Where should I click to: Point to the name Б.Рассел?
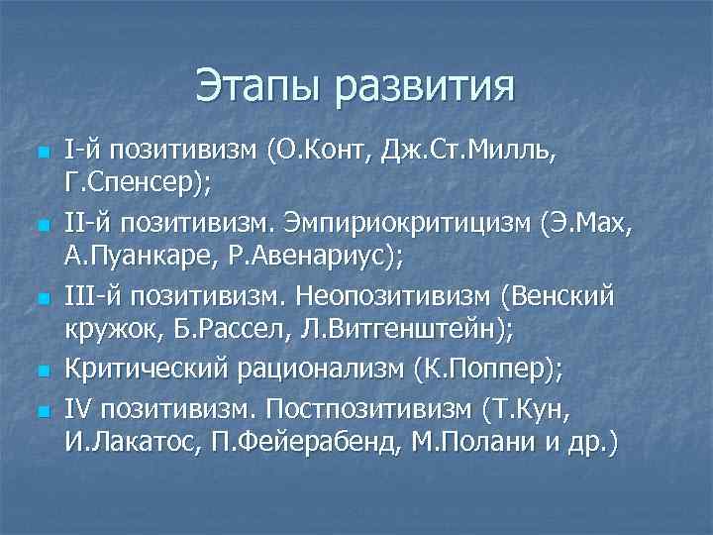(x=231, y=332)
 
